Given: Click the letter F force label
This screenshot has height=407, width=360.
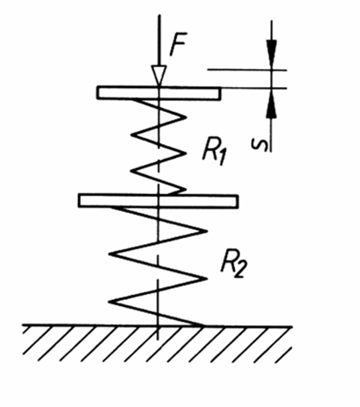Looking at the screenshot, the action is click(179, 44).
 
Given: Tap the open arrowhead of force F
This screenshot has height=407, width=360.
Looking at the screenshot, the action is click(159, 76).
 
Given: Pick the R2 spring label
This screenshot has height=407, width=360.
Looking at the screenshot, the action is click(232, 264).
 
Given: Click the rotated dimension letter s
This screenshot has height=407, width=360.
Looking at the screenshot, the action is click(259, 144).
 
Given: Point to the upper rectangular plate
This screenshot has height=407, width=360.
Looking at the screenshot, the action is click(159, 93).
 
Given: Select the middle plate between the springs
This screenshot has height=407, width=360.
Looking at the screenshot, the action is click(158, 201).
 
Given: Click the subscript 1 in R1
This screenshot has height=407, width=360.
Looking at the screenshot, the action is click(222, 159).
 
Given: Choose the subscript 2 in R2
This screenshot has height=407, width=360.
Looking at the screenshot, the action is click(240, 271).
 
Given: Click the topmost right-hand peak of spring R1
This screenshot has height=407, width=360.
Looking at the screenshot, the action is click(186, 117).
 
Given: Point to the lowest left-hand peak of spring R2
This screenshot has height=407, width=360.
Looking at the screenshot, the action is click(110, 302).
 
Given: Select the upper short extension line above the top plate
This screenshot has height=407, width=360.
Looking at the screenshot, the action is click(247, 70).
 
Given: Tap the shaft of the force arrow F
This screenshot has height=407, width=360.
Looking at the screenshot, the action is click(159, 41).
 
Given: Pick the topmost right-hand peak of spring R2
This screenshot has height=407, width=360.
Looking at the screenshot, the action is click(206, 231).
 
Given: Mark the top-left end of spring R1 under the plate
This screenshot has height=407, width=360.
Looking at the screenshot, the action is click(133, 99).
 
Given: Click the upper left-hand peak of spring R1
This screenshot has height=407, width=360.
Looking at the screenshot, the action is click(132, 135).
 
